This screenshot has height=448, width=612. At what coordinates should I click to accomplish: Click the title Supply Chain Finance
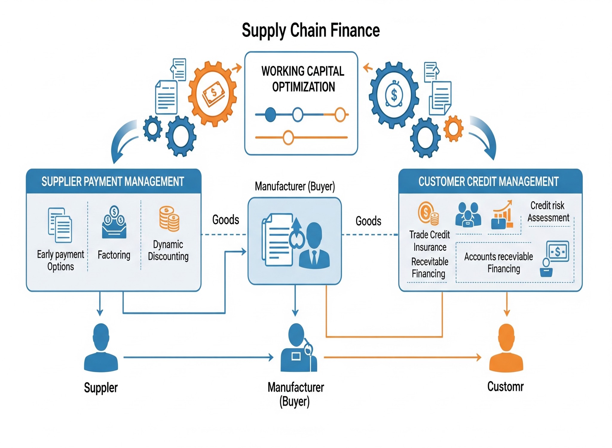pyautogui.click(x=310, y=30)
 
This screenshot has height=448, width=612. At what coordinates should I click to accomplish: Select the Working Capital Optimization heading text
pyautogui.click(x=303, y=79)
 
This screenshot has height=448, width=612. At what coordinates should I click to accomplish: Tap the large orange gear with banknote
pyautogui.click(x=213, y=93)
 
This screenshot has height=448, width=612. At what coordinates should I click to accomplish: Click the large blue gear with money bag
pyautogui.click(x=394, y=95)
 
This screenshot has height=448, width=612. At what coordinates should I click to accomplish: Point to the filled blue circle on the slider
pyautogui.click(x=270, y=114)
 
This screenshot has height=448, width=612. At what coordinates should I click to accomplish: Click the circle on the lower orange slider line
pyautogui.click(x=288, y=137)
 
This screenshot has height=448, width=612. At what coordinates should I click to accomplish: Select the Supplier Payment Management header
pyautogui.click(x=113, y=181)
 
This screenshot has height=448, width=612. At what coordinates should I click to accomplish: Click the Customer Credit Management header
pyautogui.click(x=488, y=181)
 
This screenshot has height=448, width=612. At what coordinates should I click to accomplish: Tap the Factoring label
pyautogui.click(x=114, y=255)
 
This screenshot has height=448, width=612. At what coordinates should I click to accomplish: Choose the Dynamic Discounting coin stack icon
pyautogui.click(x=169, y=219)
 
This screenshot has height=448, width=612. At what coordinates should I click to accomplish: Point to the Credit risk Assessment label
pyautogui.click(x=548, y=211)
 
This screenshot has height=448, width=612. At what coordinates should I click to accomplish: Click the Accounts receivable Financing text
pyautogui.click(x=499, y=263)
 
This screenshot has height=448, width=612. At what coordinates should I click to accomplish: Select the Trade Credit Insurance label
pyautogui.click(x=429, y=241)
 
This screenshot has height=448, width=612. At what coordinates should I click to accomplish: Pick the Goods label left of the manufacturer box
pyautogui.click(x=226, y=220)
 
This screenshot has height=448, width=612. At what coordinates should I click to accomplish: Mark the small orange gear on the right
pyautogui.click(x=453, y=128)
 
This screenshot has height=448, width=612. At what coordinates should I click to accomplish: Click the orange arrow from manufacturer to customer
pyautogui.click(x=402, y=357)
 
